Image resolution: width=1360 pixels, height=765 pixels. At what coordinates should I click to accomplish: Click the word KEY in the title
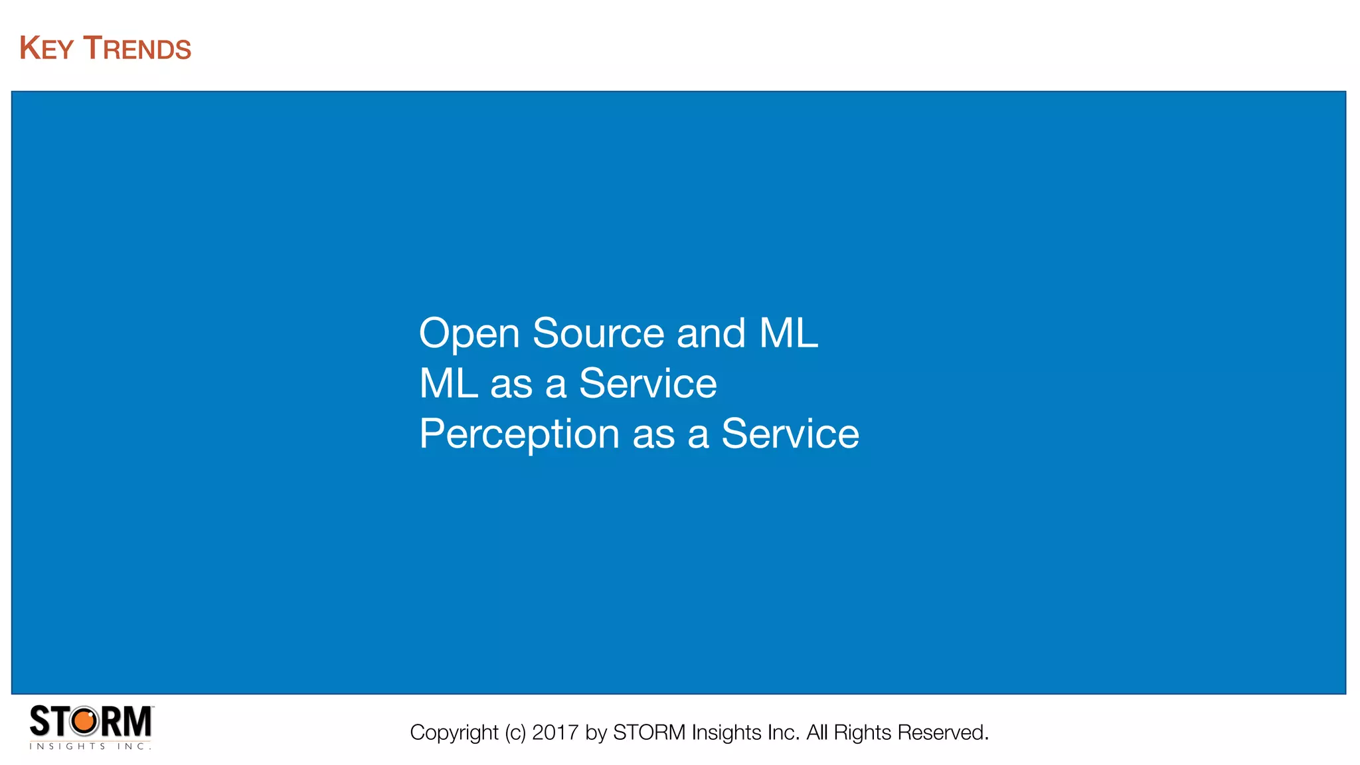click(46, 48)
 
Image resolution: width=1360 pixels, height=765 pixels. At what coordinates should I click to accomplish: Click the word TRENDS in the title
click(137, 48)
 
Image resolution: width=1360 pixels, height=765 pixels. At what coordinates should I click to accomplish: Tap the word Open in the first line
click(469, 333)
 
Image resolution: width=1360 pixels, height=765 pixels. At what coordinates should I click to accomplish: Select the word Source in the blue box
click(598, 333)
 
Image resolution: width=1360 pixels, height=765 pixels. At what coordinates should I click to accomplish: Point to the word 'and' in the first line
click(711, 333)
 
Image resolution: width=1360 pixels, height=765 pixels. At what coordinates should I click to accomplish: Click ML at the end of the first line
click(788, 333)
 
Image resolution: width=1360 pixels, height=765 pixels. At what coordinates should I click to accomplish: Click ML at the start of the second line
click(448, 384)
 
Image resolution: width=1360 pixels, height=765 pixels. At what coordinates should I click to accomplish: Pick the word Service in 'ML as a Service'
click(647, 384)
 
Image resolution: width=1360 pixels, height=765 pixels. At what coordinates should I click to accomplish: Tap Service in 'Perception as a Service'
click(790, 435)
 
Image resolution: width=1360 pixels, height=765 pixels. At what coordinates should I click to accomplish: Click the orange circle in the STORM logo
click(84, 721)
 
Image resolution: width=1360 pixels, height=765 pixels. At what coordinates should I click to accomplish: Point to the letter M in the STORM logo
click(137, 721)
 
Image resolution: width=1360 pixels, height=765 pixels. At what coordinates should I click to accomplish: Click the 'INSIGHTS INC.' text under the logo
click(90, 746)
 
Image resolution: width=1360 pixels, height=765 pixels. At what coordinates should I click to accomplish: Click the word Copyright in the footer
click(454, 732)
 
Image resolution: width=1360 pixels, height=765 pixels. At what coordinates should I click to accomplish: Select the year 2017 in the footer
click(555, 732)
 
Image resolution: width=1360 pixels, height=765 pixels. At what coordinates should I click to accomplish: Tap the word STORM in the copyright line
click(649, 732)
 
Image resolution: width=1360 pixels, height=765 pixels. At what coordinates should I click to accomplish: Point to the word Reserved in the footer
click(942, 732)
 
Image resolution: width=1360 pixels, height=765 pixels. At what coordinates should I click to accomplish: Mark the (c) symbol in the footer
click(515, 732)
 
